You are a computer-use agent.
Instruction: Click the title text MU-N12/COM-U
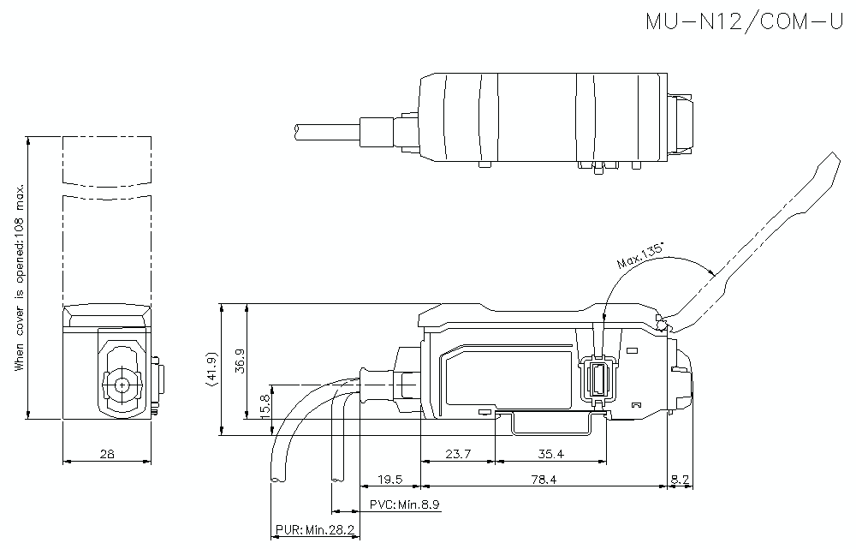744,21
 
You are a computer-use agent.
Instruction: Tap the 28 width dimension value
107,454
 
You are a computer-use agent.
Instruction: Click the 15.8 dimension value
265,403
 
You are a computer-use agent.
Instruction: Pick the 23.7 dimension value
459,454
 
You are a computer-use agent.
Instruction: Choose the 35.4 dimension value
551,454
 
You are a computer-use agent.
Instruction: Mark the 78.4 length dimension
543,480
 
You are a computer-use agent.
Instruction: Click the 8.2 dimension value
681,480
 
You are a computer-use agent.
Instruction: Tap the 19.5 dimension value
389,480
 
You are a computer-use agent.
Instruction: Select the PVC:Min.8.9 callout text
404,505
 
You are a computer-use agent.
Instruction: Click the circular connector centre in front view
124,384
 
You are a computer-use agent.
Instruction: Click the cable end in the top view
297,129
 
